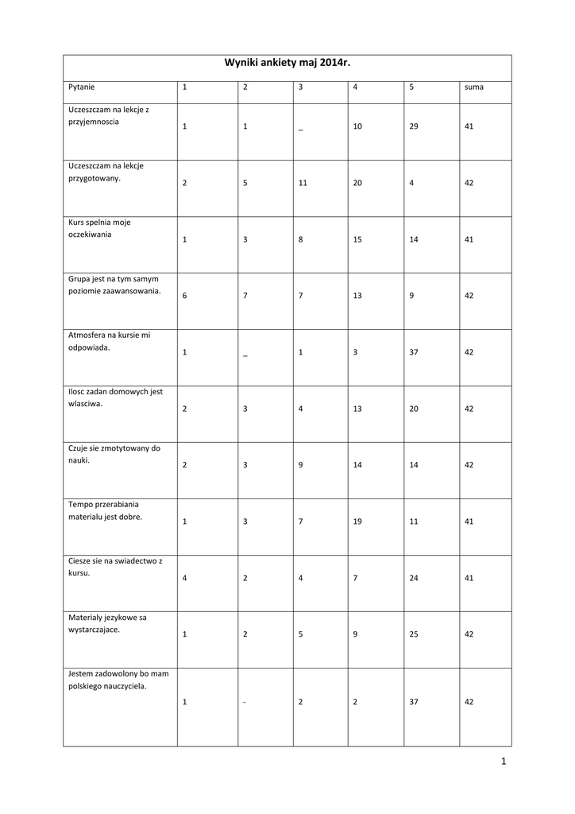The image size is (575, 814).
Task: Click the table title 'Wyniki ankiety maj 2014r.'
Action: click(x=287, y=62)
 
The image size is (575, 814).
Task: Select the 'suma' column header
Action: click(x=474, y=87)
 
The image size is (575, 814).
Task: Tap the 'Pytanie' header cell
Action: click(x=82, y=87)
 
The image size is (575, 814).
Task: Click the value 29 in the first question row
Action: click(x=414, y=126)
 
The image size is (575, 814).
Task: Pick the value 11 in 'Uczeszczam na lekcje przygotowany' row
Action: click(x=303, y=183)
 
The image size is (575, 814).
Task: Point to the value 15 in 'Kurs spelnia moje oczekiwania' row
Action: click(x=357, y=239)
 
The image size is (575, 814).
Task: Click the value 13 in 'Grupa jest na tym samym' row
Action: click(x=357, y=296)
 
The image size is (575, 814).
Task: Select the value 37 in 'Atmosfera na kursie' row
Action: click(x=414, y=352)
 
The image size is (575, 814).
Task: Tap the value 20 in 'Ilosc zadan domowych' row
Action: click(x=414, y=409)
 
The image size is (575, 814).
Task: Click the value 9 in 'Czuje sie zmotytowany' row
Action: click(x=301, y=465)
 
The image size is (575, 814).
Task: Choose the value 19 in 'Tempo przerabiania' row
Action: click(x=357, y=521)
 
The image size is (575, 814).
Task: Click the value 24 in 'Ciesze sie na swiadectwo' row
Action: click(x=414, y=578)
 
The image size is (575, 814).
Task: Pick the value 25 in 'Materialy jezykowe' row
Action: click(x=414, y=634)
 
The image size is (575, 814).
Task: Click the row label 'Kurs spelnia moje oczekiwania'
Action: click(x=99, y=228)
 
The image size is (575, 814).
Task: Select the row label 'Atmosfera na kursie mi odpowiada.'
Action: click(x=110, y=341)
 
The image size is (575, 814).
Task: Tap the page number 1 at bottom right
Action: click(x=504, y=762)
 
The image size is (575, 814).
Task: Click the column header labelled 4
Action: click(x=355, y=87)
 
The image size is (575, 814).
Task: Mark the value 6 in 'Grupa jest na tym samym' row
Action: click(x=184, y=296)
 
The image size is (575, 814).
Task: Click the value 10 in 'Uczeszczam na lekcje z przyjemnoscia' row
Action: click(x=357, y=126)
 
